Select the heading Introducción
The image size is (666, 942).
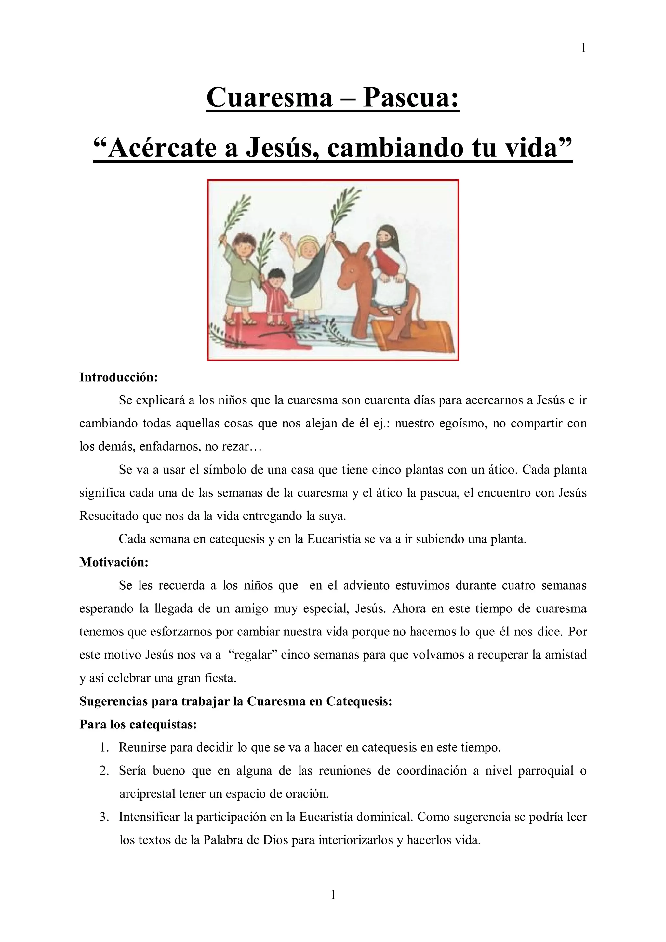tap(119, 377)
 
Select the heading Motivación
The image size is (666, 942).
tap(114, 562)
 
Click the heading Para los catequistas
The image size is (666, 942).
tap(138, 724)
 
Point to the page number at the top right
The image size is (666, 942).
tap(583, 48)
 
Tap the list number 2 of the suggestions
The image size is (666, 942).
tap(104, 770)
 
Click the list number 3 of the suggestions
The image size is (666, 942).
tap(104, 817)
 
